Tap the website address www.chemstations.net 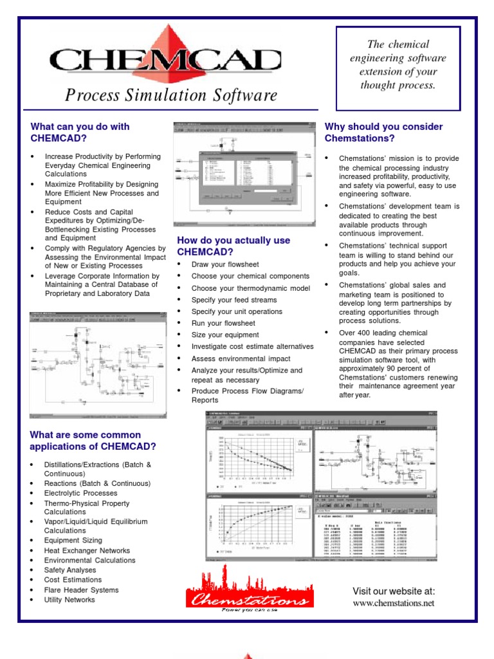pyautogui.click(x=394, y=603)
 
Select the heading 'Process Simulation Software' pyautogui.click(x=171, y=96)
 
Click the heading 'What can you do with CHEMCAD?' pyautogui.click(x=80, y=132)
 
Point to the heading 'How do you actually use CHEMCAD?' pyautogui.click(x=233, y=246)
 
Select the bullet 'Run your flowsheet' pyautogui.click(x=223, y=323)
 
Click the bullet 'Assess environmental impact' pyautogui.click(x=241, y=358)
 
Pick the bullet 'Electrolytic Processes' pyautogui.click(x=80, y=493)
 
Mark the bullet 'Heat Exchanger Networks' pyautogui.click(x=87, y=550)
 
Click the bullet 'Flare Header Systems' pyautogui.click(x=81, y=589)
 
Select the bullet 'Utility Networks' pyautogui.click(x=69, y=599)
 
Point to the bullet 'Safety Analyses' pyautogui.click(x=70, y=570)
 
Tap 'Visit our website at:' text pyautogui.click(x=394, y=591)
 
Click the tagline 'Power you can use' pyautogui.click(x=250, y=609)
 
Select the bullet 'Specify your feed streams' pyautogui.click(x=234, y=300)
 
